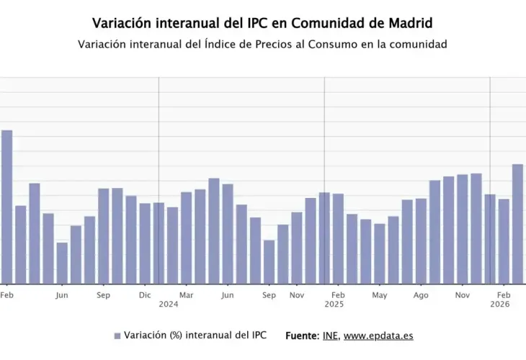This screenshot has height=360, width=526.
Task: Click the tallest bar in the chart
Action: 6,207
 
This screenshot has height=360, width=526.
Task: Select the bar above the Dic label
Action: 145,243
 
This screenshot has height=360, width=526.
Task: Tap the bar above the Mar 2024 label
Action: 186,238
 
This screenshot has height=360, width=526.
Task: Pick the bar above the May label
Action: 380,253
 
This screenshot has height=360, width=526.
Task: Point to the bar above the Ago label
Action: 421,240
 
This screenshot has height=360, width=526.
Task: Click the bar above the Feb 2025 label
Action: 338,238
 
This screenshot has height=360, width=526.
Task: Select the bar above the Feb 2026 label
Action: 504,241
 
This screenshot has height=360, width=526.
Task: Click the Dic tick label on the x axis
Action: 145,295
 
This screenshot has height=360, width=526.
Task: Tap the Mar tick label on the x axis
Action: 186,295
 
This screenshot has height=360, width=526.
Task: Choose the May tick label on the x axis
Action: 380,295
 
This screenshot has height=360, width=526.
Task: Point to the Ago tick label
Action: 421,295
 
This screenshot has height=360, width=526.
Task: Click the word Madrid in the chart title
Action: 406,24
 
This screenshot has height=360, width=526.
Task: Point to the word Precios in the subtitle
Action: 278,44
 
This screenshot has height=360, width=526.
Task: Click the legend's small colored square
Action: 117,336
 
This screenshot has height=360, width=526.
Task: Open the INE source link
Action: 330,336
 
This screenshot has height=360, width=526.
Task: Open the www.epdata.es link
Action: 378,336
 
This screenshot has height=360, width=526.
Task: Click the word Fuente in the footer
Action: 301,336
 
